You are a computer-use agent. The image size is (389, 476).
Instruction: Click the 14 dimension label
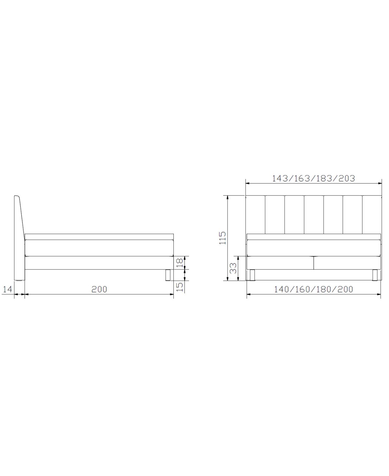(x=7, y=289)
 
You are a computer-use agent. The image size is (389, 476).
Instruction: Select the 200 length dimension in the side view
(x=99, y=289)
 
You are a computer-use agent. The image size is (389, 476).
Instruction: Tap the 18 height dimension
(x=180, y=263)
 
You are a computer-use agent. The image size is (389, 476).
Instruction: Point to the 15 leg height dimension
(x=180, y=287)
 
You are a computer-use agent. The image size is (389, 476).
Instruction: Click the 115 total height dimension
(x=222, y=238)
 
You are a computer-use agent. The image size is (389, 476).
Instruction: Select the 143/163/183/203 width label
(x=313, y=178)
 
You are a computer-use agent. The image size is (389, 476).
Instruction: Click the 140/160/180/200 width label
(x=313, y=289)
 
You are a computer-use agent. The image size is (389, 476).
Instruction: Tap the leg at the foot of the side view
(x=168, y=275)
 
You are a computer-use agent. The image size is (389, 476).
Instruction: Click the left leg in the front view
(x=252, y=275)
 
